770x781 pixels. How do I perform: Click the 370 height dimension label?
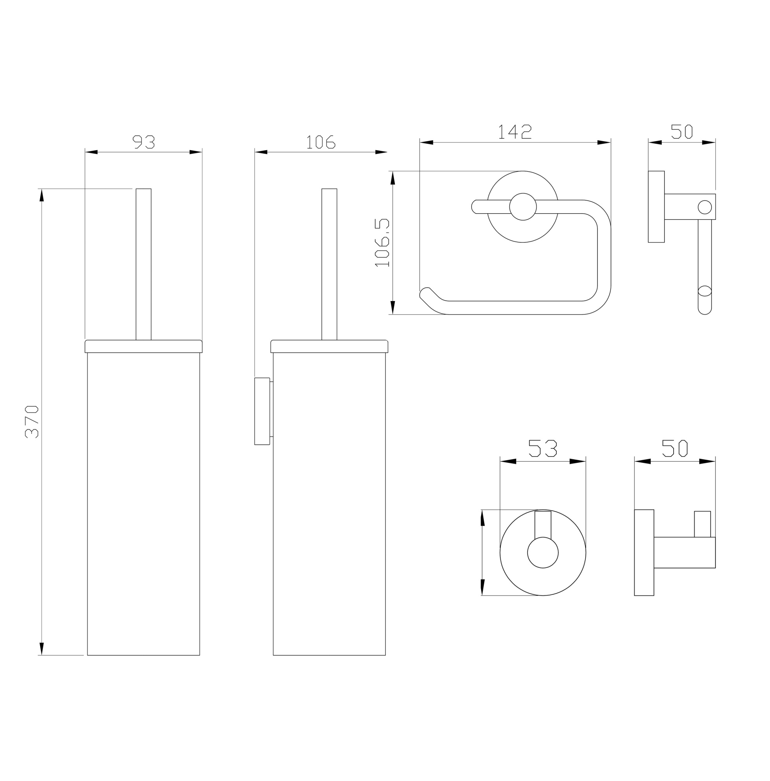point(31,422)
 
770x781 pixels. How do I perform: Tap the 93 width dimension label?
point(143,142)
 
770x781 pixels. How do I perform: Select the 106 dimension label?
point(321,142)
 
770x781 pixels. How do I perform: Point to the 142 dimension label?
point(515,132)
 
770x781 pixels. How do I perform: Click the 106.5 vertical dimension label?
point(381,243)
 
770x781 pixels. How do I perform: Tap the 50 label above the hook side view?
point(675,448)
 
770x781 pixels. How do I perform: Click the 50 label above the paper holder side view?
point(682,132)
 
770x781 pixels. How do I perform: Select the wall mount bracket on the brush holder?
point(262,411)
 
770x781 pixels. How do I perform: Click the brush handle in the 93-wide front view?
point(143,264)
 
